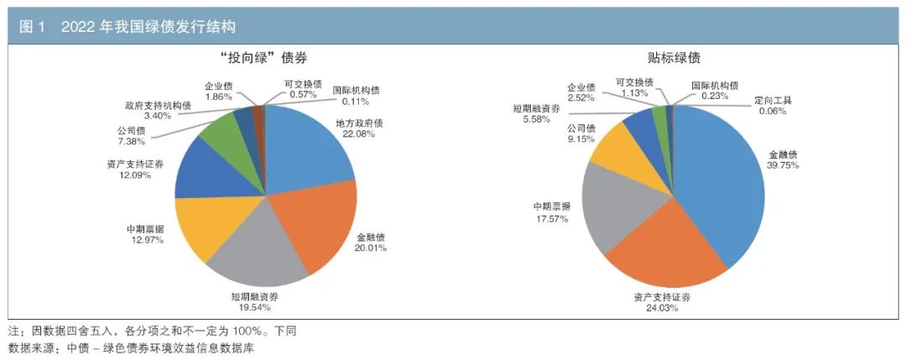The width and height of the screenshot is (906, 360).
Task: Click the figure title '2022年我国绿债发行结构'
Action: click(x=148, y=28)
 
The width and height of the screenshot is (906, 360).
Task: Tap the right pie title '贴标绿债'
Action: click(x=674, y=58)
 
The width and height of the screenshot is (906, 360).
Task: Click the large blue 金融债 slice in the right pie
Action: click(x=726, y=185)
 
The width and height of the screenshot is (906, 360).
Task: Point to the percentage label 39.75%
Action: click(x=784, y=165)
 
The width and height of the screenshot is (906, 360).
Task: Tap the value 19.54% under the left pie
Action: click(x=255, y=307)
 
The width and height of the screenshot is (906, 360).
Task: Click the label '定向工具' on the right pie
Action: click(x=773, y=101)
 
